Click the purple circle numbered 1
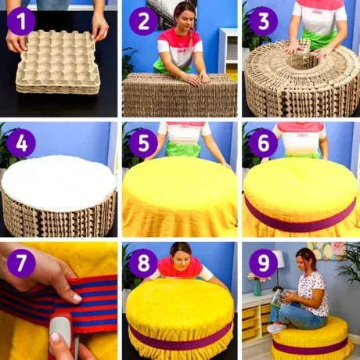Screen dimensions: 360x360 click(21, 21)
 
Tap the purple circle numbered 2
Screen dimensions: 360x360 click(143, 21)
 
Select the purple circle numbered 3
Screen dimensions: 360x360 click(264, 21)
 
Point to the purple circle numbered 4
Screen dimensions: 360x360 click(21, 143)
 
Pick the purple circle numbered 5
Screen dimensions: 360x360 click(143, 143)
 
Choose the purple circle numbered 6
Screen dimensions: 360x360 click(264, 143)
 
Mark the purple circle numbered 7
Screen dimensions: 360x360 click(21, 263)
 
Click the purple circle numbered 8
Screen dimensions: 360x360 click(143, 263)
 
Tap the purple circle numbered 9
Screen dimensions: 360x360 click(264, 263)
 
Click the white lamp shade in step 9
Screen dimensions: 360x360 click(278, 258)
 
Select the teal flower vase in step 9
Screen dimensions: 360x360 click(257, 288)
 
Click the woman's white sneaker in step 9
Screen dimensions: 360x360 click(276, 328)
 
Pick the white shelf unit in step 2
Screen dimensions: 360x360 click(228, 50)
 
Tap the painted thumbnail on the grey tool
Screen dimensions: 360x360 click(56, 337)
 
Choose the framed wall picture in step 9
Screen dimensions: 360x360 click(326, 250)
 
